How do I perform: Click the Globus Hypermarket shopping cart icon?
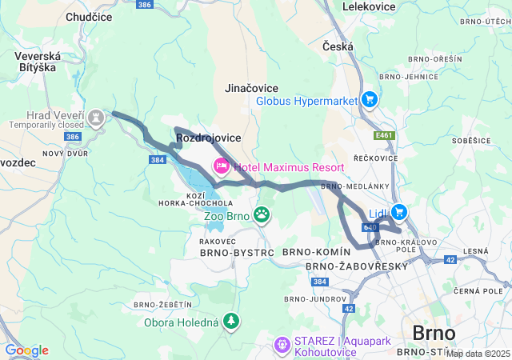369,100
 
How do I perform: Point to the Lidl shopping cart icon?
398,212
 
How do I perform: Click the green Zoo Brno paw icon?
262,214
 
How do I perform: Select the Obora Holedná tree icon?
231,321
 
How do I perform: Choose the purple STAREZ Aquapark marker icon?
281,345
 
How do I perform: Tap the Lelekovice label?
370,6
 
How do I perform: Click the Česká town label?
338,47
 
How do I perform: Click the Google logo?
26,350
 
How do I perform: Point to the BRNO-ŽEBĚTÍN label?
163,305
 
